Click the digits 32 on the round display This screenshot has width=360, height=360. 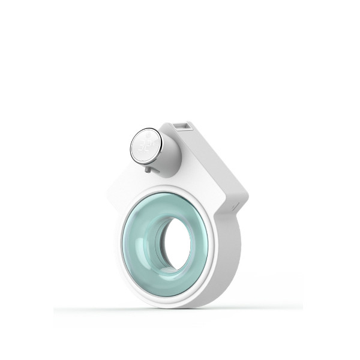[144, 146]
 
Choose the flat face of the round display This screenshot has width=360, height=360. [145, 145]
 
